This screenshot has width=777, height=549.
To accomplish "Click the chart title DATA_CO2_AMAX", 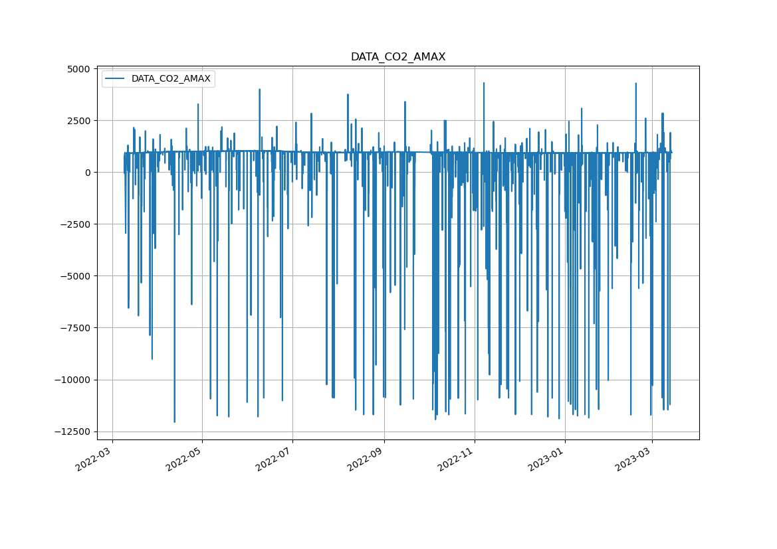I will [397, 57].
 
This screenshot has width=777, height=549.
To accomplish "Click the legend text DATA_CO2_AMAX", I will [171, 79].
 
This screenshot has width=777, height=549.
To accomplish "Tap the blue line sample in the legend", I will [116, 79].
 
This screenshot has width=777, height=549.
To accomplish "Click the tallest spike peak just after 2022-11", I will [483, 83].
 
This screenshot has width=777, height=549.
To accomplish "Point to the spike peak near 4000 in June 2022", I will [259, 89].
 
